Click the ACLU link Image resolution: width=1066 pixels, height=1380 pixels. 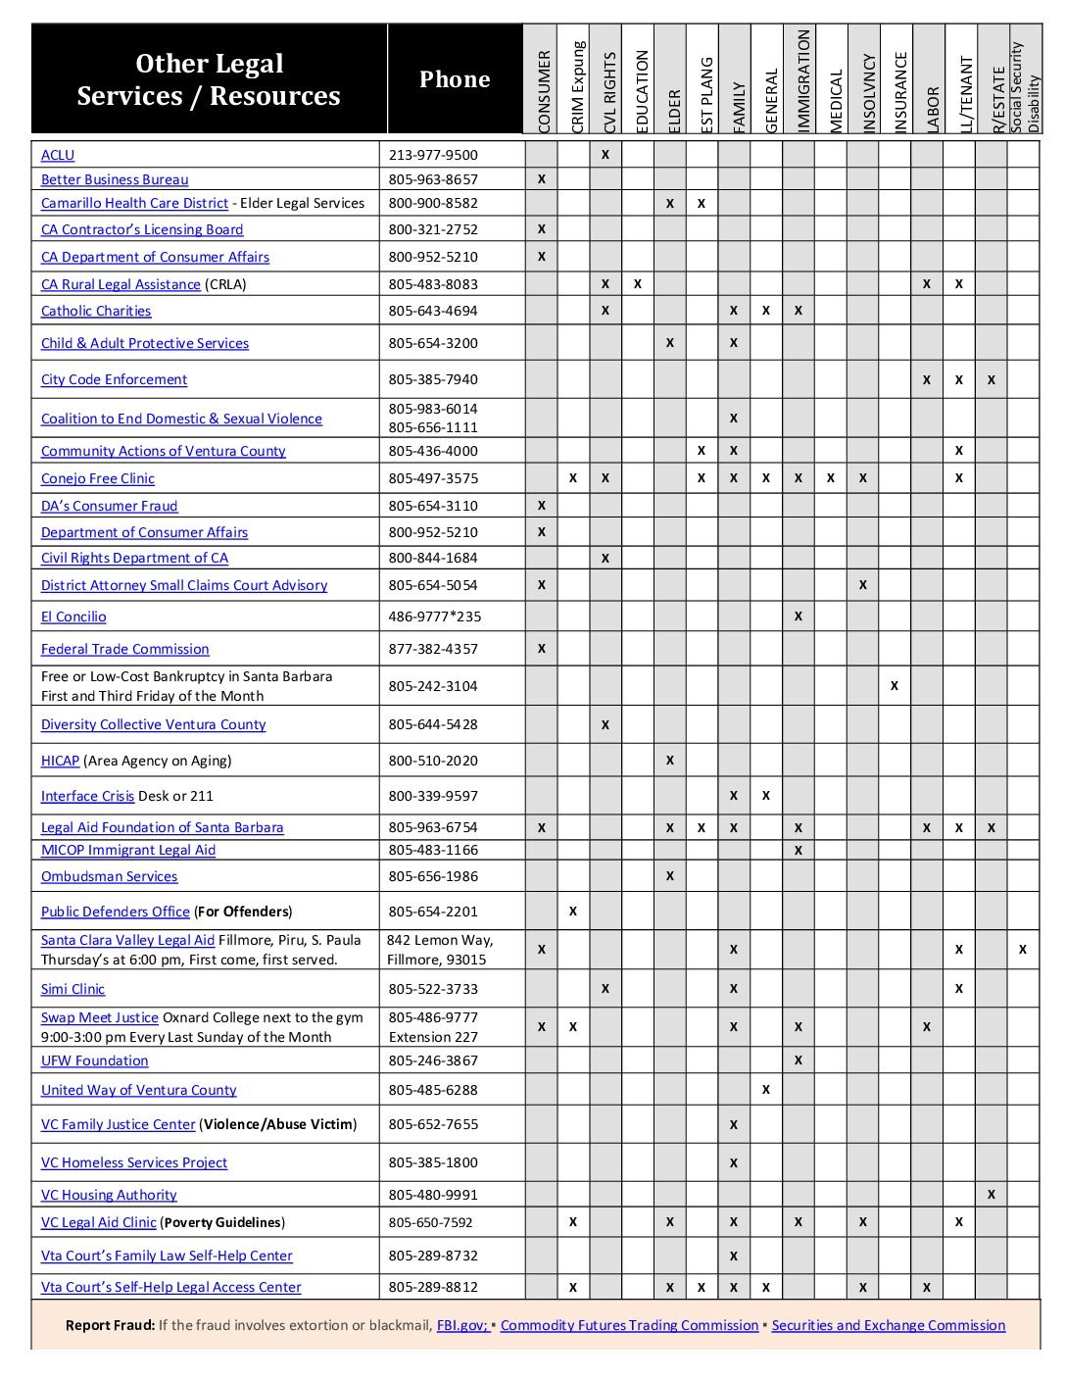[x=58, y=155]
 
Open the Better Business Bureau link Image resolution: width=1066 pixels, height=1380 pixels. [x=115, y=179]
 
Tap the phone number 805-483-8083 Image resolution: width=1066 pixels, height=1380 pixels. [x=433, y=284]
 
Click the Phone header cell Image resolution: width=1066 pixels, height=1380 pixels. [x=455, y=79]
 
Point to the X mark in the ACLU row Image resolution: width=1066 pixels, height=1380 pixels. [x=606, y=155]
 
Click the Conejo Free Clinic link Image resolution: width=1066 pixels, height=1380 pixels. [x=98, y=478]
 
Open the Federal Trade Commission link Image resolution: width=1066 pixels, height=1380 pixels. [x=125, y=649]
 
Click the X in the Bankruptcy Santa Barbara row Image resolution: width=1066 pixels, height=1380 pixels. [x=895, y=686]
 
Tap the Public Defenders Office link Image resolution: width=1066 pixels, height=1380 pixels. [x=116, y=912]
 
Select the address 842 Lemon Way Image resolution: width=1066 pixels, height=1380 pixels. [x=440, y=940]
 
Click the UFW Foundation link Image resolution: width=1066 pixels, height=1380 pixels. [x=95, y=1060]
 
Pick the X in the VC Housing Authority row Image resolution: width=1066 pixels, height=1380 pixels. [x=992, y=1195]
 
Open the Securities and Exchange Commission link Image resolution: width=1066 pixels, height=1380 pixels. [x=889, y=1325]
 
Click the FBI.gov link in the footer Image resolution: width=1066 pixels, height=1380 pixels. [x=462, y=1325]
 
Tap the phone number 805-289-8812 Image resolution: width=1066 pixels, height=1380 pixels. [x=433, y=1287]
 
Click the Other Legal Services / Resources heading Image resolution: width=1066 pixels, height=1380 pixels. [x=209, y=79]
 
